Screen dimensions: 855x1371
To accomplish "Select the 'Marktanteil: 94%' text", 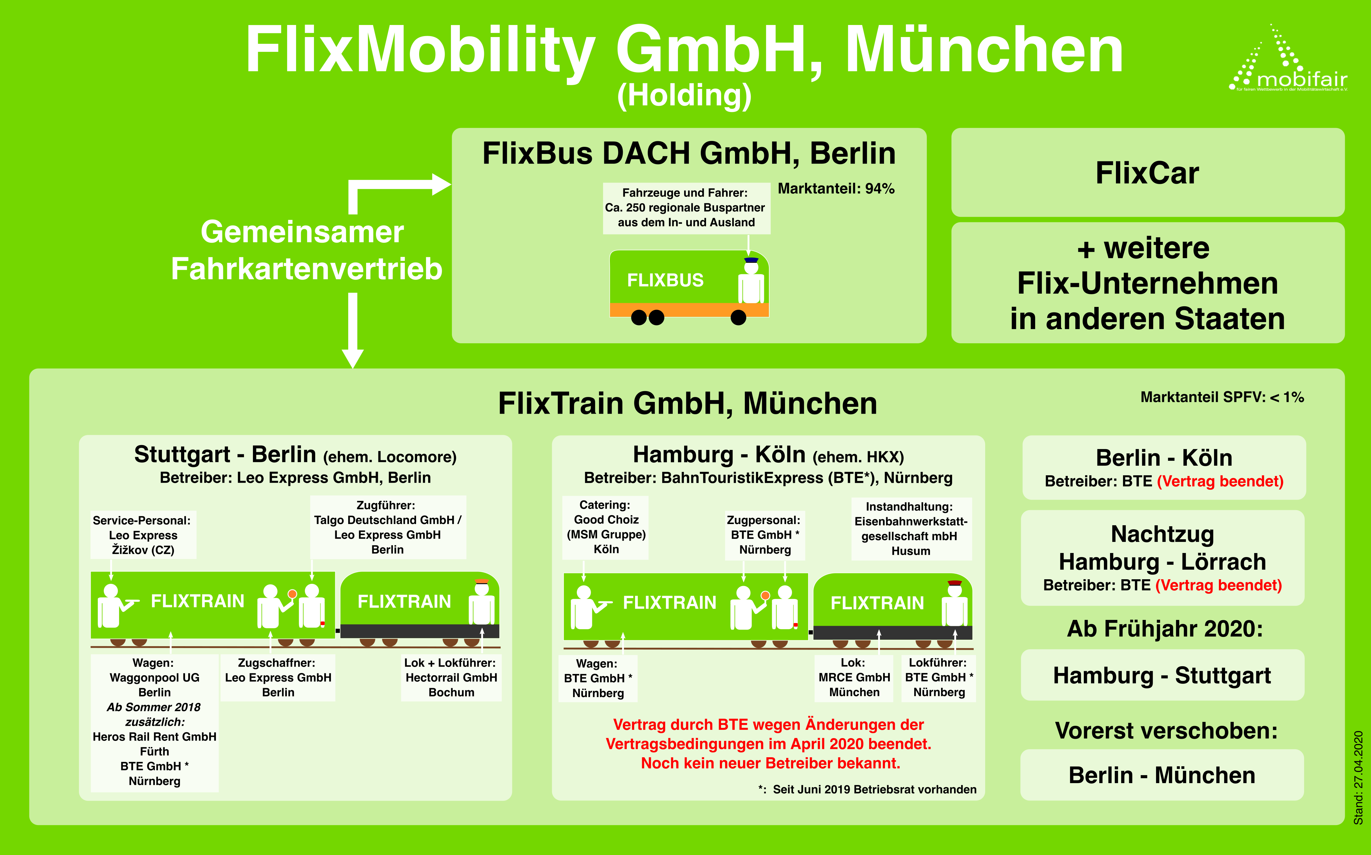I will [836, 189].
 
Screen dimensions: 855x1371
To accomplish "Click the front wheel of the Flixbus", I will [738, 318].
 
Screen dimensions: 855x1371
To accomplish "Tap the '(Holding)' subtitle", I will [684, 95].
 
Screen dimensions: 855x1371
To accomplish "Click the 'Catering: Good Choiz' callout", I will [605, 527].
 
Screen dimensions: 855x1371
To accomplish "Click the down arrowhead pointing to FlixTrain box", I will [353, 358].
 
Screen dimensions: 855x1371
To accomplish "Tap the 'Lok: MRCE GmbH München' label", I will [854, 677].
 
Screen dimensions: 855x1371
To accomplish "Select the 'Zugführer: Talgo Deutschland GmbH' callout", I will [387, 527].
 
